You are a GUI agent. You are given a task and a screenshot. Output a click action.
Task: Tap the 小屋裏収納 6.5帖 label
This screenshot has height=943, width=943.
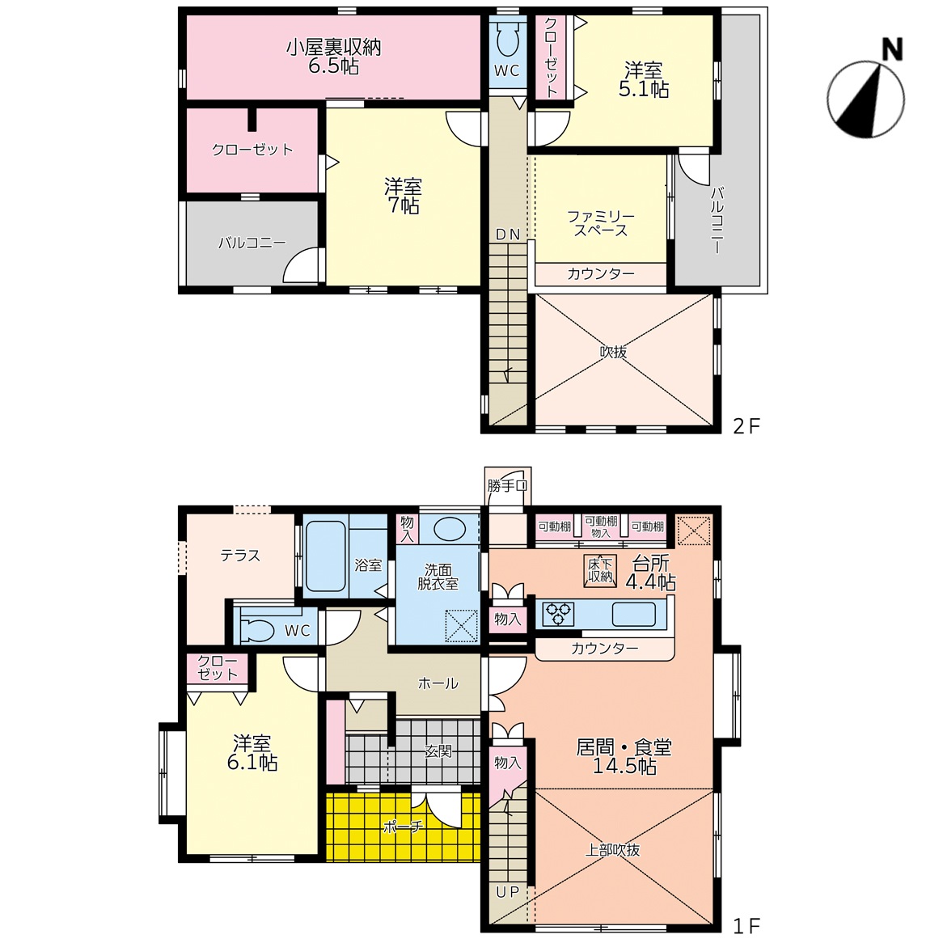[x=334, y=57]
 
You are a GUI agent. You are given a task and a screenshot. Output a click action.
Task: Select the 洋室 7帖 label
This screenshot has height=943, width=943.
[x=403, y=196]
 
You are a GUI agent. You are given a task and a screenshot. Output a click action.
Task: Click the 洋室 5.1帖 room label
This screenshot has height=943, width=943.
[x=644, y=79]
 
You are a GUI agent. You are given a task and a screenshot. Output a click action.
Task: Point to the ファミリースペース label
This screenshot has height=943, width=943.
[x=601, y=223]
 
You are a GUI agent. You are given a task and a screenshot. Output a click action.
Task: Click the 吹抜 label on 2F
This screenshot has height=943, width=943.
[x=613, y=352]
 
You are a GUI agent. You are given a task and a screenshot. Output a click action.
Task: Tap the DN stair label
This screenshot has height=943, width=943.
[x=508, y=235]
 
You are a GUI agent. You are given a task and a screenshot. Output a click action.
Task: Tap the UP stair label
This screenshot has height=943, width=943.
[x=507, y=892]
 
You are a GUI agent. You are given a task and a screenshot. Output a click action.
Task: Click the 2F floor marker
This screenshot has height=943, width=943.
[x=746, y=426]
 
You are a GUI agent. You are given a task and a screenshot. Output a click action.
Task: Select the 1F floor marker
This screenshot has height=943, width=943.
[x=746, y=925]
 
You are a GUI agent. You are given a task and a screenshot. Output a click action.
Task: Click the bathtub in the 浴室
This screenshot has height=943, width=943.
[x=325, y=556]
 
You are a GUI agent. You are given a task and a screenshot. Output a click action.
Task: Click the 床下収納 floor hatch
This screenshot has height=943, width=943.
[x=600, y=571]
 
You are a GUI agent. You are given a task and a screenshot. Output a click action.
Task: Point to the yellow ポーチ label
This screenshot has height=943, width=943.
[x=403, y=827]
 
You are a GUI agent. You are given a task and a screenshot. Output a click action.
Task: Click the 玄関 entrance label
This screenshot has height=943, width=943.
[x=438, y=751]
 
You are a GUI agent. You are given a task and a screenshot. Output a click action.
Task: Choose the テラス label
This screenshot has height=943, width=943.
[x=240, y=556]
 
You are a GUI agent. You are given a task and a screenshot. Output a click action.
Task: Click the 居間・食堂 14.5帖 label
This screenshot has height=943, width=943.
[x=624, y=756]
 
